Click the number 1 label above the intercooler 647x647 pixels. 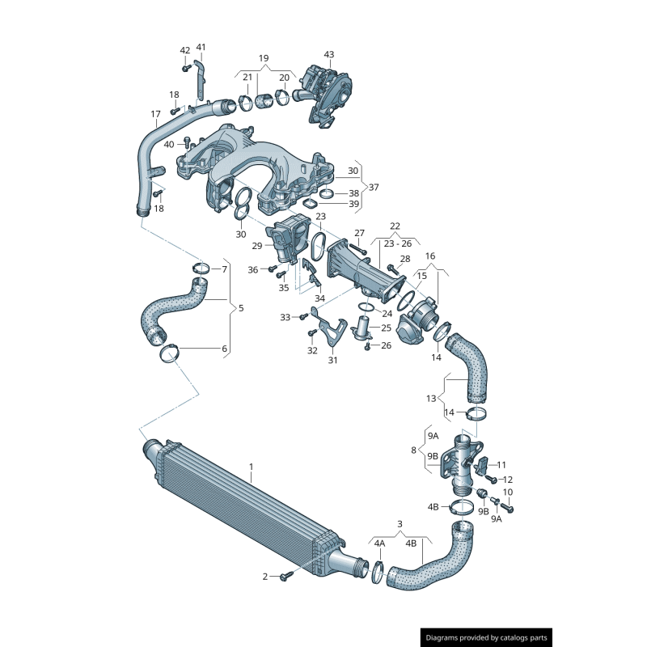pos(251,467)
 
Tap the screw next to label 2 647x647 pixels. pos(285,577)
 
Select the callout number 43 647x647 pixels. pos(329,54)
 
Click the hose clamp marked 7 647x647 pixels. pos(201,269)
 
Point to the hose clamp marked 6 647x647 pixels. pos(171,353)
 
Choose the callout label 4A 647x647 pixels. pos(379,543)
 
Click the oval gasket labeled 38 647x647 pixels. pos(327,193)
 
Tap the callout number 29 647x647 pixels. pos(257,246)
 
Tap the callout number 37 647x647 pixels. pos(374,187)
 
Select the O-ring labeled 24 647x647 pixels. pos(365,307)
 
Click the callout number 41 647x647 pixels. pos(201,47)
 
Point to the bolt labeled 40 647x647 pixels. pos(187,145)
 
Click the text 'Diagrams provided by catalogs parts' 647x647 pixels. pos(488,638)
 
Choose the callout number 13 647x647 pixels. pos(431,398)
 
